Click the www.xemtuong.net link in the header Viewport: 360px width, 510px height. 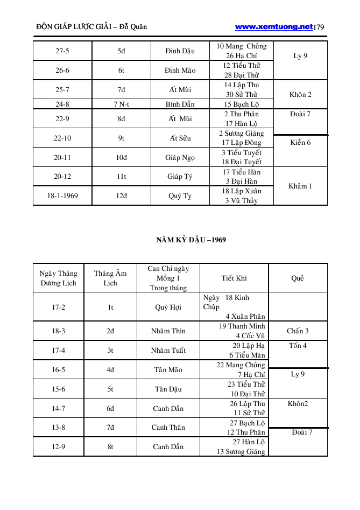(274, 26)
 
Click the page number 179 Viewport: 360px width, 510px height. (319, 26)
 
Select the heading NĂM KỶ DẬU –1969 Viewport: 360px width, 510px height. (187, 240)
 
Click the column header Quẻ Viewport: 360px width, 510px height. (298, 278)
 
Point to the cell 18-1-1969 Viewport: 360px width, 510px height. (62, 195)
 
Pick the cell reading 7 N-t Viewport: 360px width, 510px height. (121, 104)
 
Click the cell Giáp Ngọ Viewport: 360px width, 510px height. (180, 157)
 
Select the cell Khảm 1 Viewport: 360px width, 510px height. (300, 186)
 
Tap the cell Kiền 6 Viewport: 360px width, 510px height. (300, 143)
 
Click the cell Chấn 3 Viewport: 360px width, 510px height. (298, 331)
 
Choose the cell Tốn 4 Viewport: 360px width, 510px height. (298, 346)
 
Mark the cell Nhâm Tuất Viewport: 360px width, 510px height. (168, 351)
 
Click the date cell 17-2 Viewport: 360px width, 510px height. (59, 308)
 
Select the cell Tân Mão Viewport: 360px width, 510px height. (168, 370)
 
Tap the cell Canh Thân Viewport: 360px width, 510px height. (168, 428)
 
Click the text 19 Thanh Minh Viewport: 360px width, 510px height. (242, 326)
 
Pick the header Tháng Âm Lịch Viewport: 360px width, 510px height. (110, 278)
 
